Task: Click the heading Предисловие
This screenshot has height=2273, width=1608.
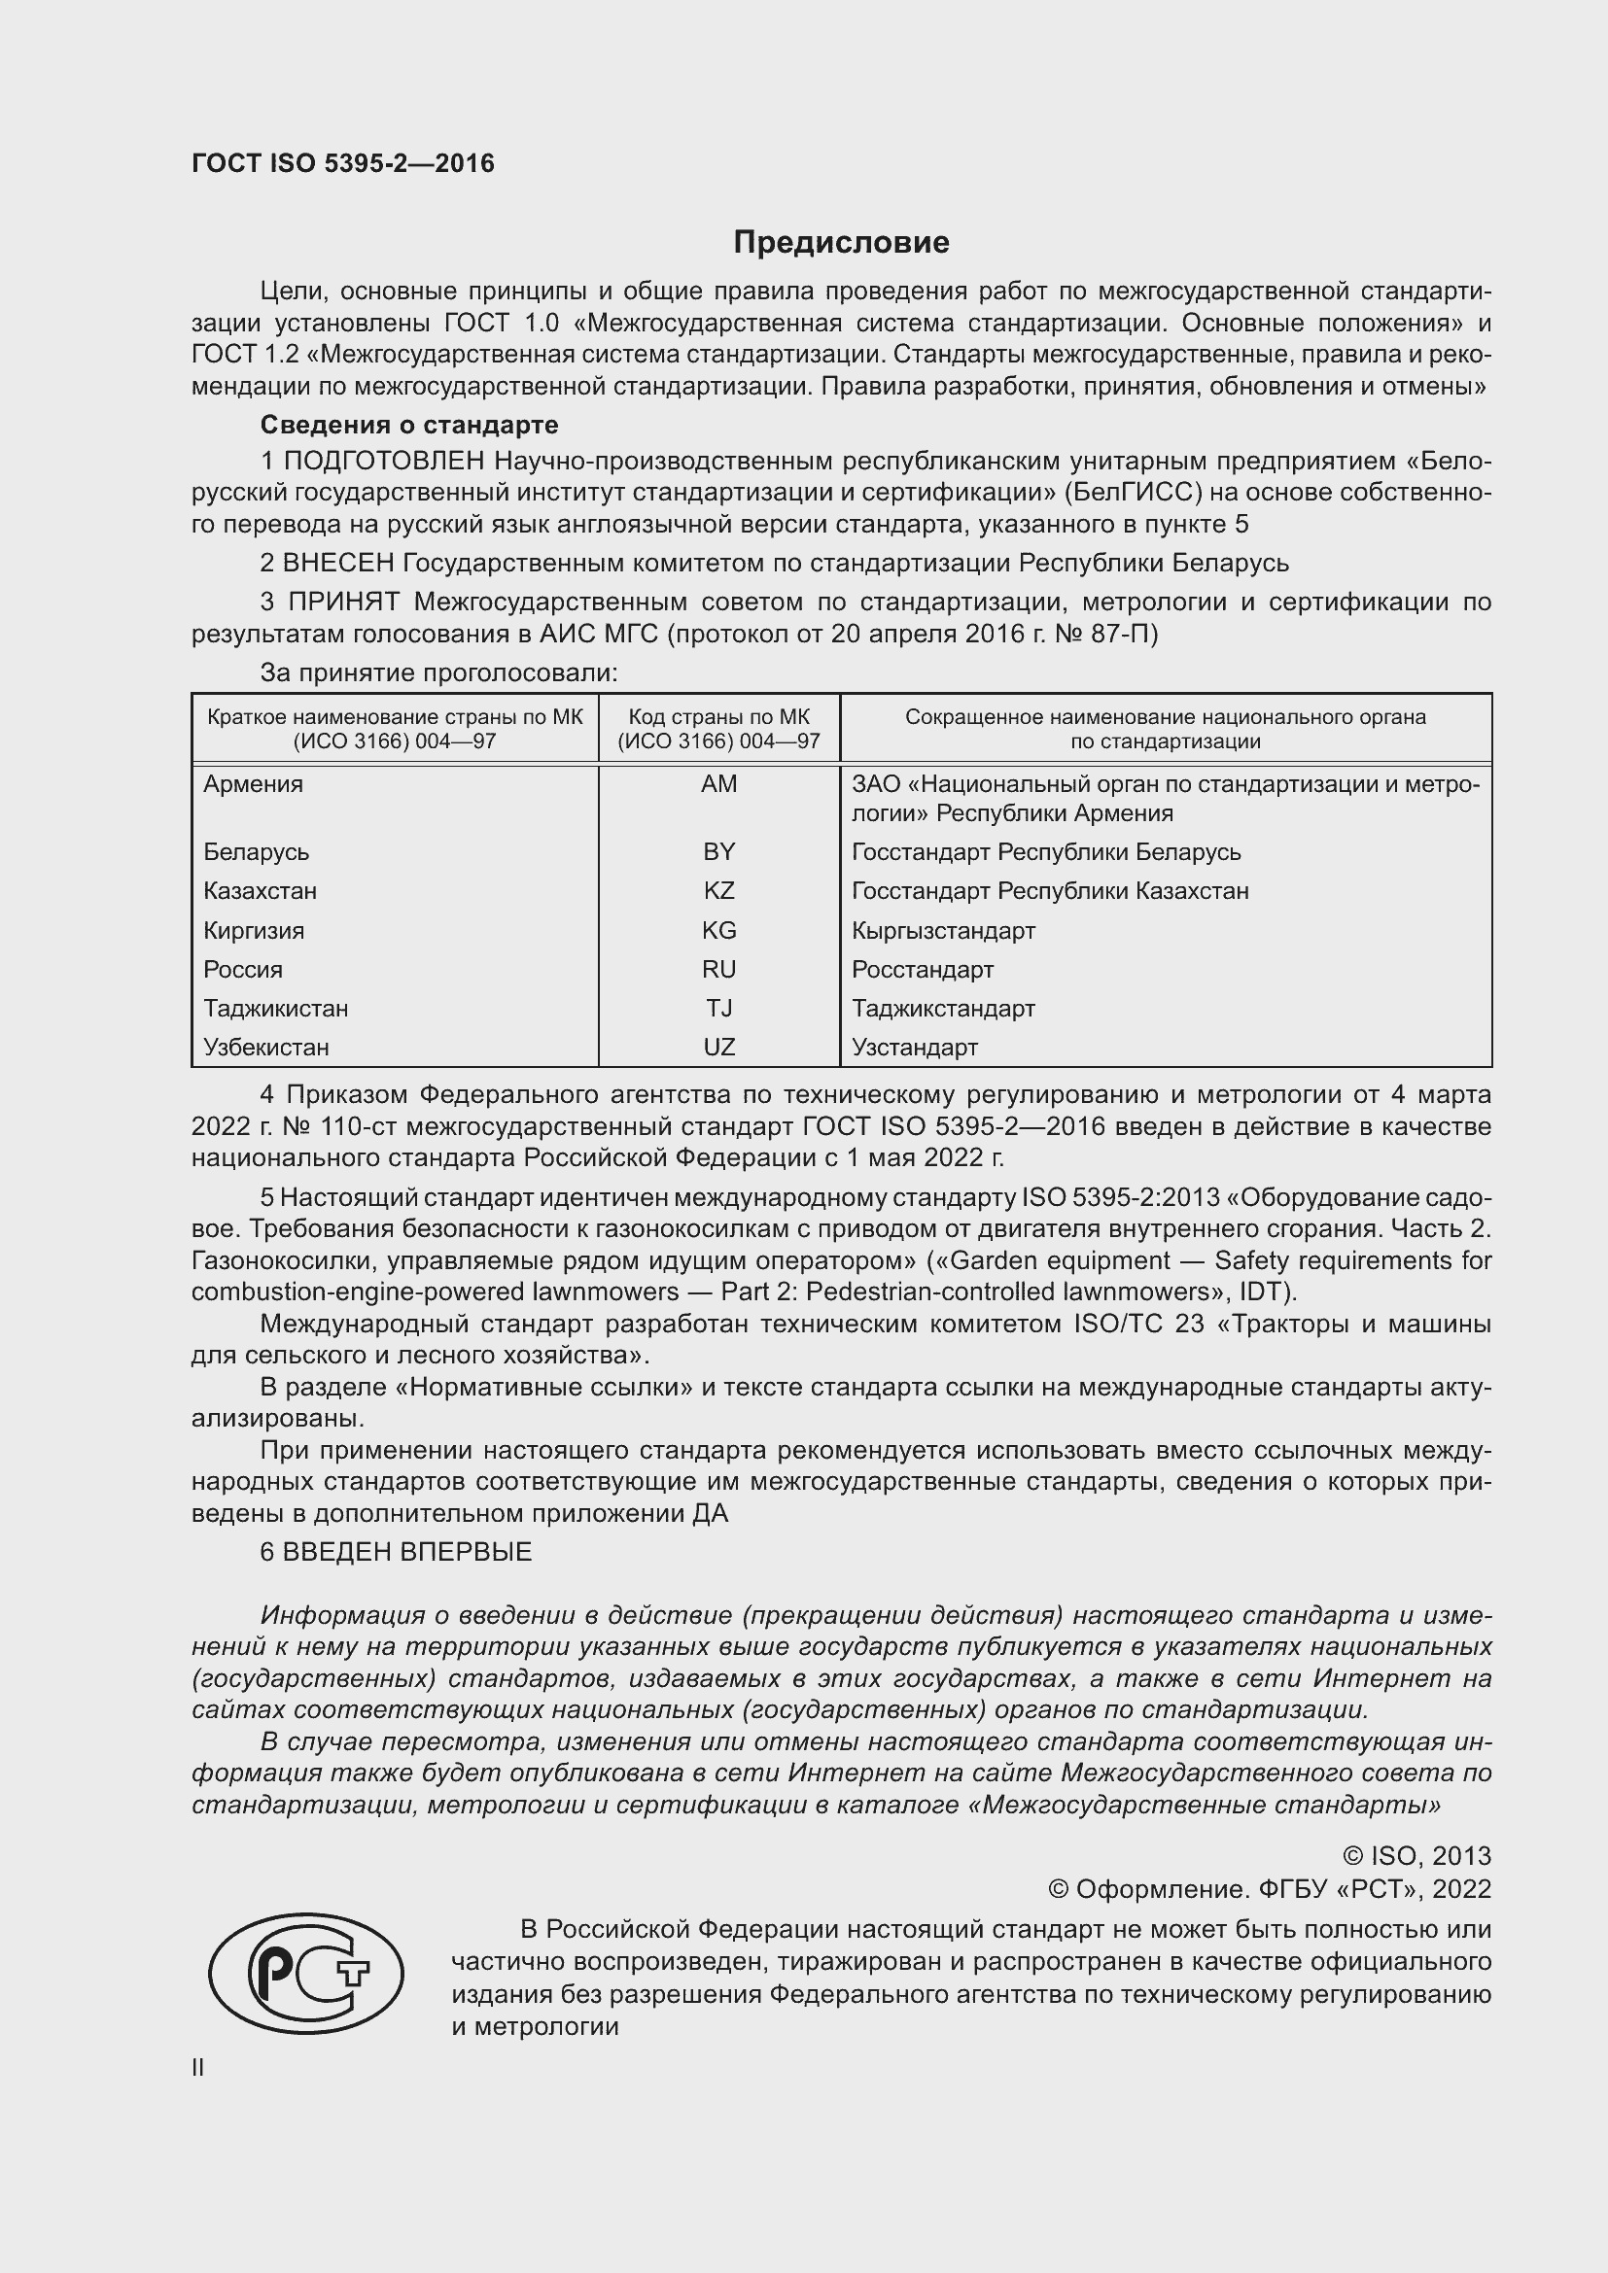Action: coord(841,243)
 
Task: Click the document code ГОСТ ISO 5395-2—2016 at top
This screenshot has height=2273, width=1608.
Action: coord(342,164)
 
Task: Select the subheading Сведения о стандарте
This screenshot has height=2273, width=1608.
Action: coord(409,425)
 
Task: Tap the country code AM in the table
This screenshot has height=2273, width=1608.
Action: coord(718,784)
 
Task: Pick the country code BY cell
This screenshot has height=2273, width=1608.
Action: coord(718,852)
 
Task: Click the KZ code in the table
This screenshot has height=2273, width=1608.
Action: coord(718,891)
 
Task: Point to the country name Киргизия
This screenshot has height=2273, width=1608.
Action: coord(254,931)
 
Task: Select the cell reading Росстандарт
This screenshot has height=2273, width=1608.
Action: coord(922,969)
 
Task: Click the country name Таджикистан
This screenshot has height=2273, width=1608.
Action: coord(275,1009)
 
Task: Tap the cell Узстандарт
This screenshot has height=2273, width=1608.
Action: coord(914,1048)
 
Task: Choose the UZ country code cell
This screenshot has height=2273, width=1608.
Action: coord(718,1048)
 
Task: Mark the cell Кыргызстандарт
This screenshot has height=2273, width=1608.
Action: coord(943,931)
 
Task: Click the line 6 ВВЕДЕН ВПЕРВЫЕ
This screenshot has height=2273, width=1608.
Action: coord(396,1552)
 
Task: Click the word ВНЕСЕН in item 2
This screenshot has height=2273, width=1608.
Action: coord(338,564)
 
